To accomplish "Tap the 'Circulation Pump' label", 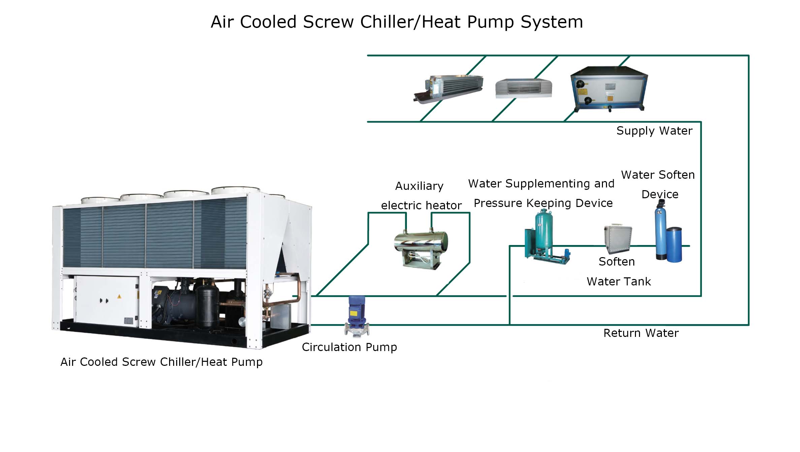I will pyautogui.click(x=349, y=347).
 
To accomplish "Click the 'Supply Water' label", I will pyautogui.click(x=654, y=131).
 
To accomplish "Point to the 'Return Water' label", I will pyautogui.click(x=641, y=333).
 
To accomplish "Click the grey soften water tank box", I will pyautogui.click(x=617, y=238).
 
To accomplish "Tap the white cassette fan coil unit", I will pyautogui.click(x=523, y=88).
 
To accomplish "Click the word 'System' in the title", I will pyautogui.click(x=552, y=22).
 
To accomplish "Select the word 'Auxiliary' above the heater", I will pyautogui.click(x=419, y=186).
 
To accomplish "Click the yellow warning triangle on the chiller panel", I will pyautogui.click(x=119, y=297).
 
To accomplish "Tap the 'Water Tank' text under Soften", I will pyautogui.click(x=618, y=281).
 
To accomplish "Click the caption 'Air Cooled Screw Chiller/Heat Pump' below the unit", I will pyautogui.click(x=161, y=362).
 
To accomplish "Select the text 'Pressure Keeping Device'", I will pyautogui.click(x=543, y=203).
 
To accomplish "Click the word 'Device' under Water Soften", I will pyautogui.click(x=660, y=194).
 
